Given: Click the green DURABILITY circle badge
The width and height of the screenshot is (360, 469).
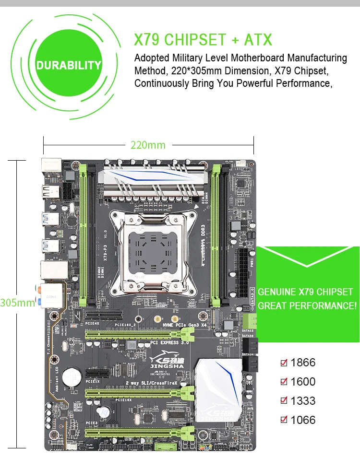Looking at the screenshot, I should click(x=69, y=65).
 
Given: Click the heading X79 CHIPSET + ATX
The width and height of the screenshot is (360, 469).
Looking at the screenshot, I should click(x=203, y=39).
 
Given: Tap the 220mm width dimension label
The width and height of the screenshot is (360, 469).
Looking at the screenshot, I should click(x=148, y=145).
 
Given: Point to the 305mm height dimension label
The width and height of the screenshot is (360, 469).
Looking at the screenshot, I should click(x=18, y=303).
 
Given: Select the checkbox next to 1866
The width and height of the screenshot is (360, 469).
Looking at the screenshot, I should click(x=284, y=363).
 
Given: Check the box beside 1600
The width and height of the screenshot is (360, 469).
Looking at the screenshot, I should click(x=284, y=382).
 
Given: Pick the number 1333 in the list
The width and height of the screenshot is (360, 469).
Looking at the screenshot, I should click(x=303, y=401).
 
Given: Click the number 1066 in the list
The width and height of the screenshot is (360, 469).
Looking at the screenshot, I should click(x=303, y=420).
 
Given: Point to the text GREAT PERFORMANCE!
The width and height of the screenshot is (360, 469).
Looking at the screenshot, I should click(x=307, y=305).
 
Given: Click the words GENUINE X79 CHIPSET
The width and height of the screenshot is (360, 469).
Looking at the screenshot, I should click(x=305, y=292).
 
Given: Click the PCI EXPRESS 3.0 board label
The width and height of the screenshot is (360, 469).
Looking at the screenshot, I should click(x=171, y=343).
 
